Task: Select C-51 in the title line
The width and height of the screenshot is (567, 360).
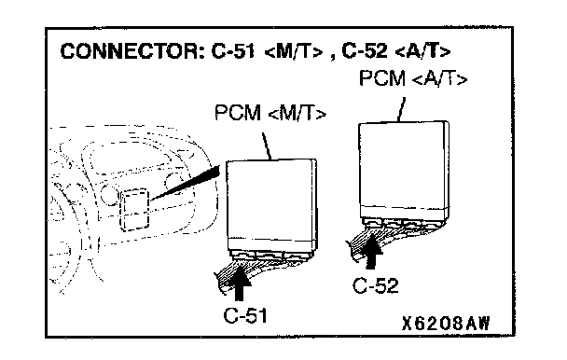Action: (233, 51)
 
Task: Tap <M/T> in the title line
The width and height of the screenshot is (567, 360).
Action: (294, 51)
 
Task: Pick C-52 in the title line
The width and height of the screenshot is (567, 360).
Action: (364, 51)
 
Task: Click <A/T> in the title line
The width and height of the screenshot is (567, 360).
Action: (423, 51)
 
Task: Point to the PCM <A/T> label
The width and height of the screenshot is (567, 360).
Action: (413, 78)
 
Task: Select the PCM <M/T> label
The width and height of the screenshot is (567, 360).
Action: (270, 113)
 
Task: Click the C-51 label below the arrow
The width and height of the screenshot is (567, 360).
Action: (245, 315)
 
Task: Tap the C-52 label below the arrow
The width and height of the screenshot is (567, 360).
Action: (376, 285)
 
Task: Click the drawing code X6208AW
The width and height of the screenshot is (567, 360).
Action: (446, 323)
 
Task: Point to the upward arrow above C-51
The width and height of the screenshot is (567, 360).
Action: (239, 283)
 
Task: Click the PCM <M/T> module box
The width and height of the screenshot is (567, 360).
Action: (271, 205)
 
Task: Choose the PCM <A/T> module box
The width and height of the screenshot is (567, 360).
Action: (404, 170)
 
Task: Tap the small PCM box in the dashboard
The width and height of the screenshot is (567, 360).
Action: (134, 210)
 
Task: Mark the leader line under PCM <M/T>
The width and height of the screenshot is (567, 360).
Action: (267, 146)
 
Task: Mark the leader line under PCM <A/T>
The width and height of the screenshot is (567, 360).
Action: (401, 109)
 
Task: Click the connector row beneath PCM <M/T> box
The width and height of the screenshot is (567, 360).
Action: (271, 255)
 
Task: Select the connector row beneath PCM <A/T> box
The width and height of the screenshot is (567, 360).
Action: (404, 223)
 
